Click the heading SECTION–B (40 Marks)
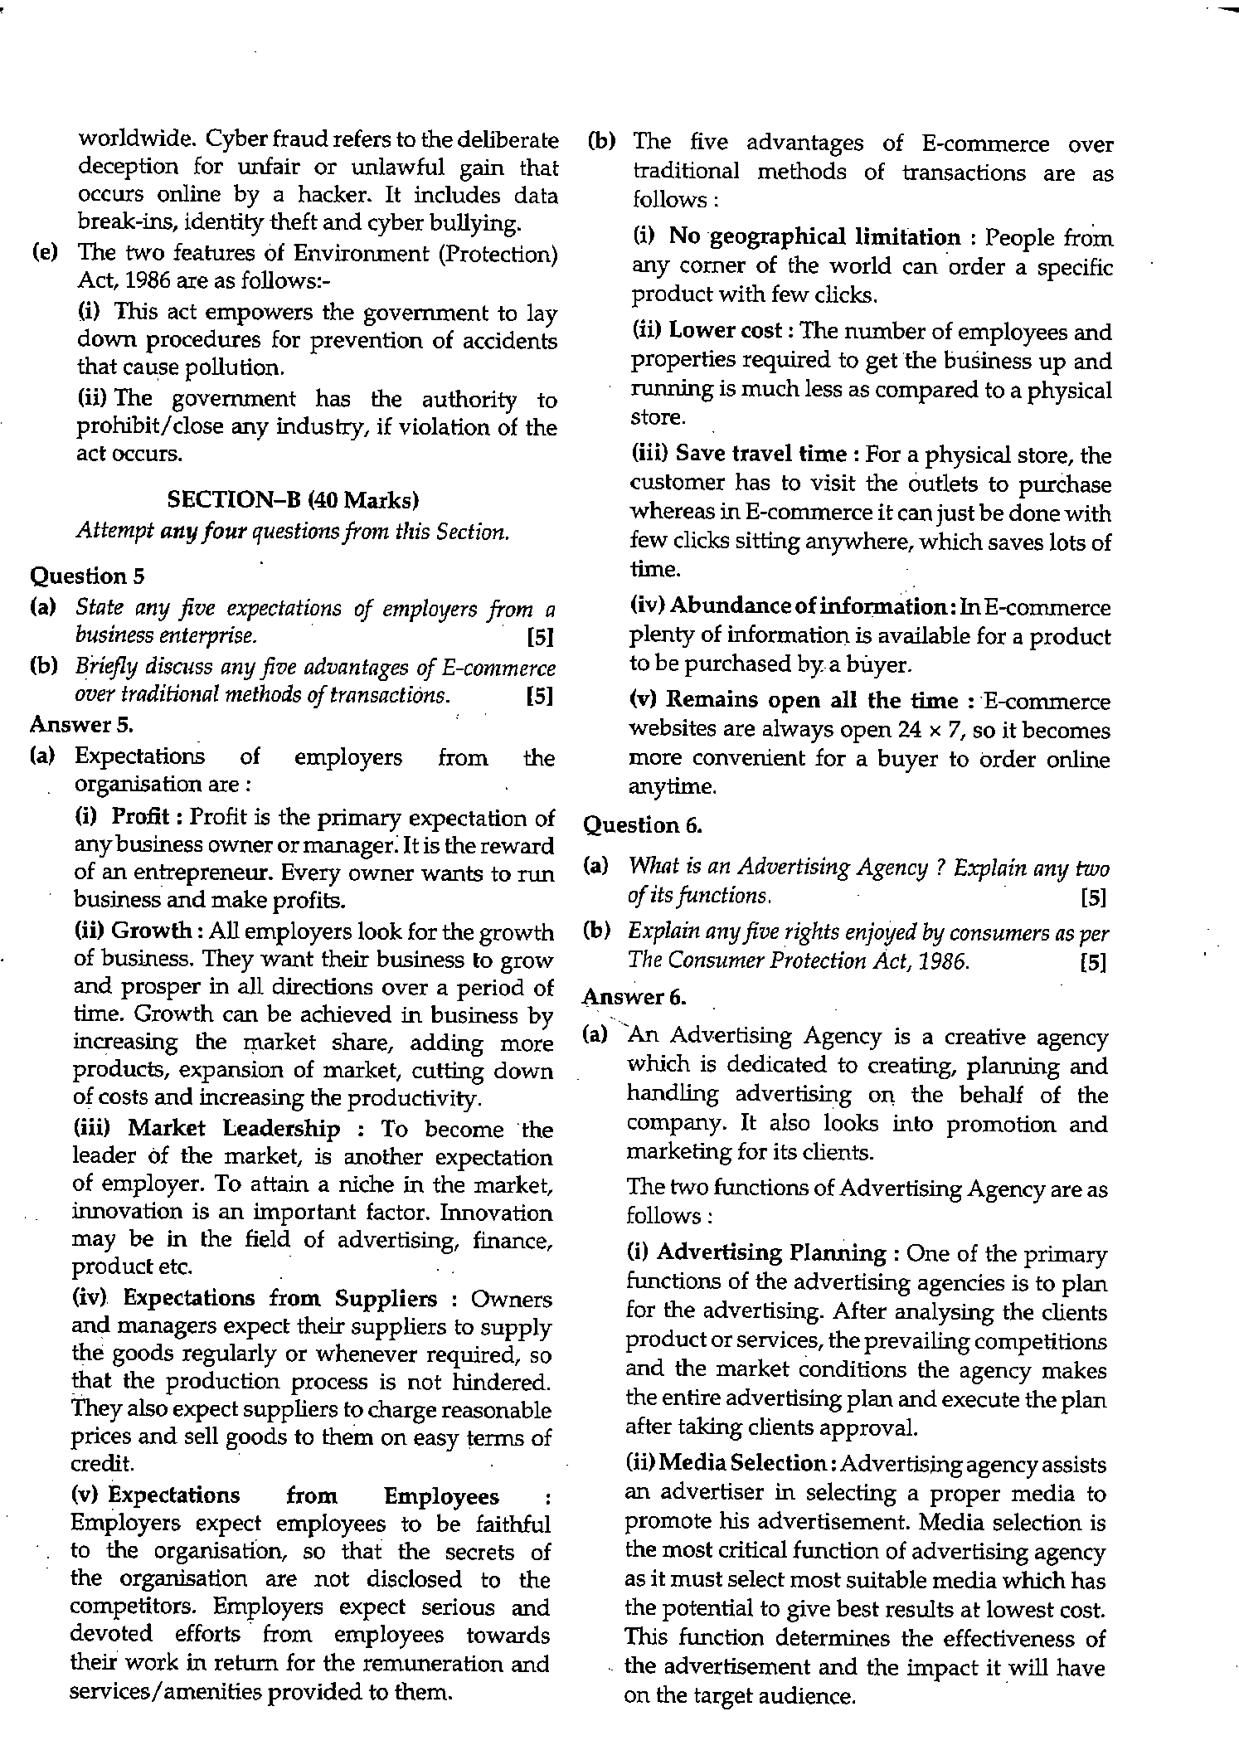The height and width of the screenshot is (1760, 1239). (293, 499)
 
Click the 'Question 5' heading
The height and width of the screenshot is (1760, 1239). (76, 575)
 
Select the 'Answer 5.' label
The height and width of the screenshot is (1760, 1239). (81, 724)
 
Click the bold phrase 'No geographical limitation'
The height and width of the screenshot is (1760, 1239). (814, 237)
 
